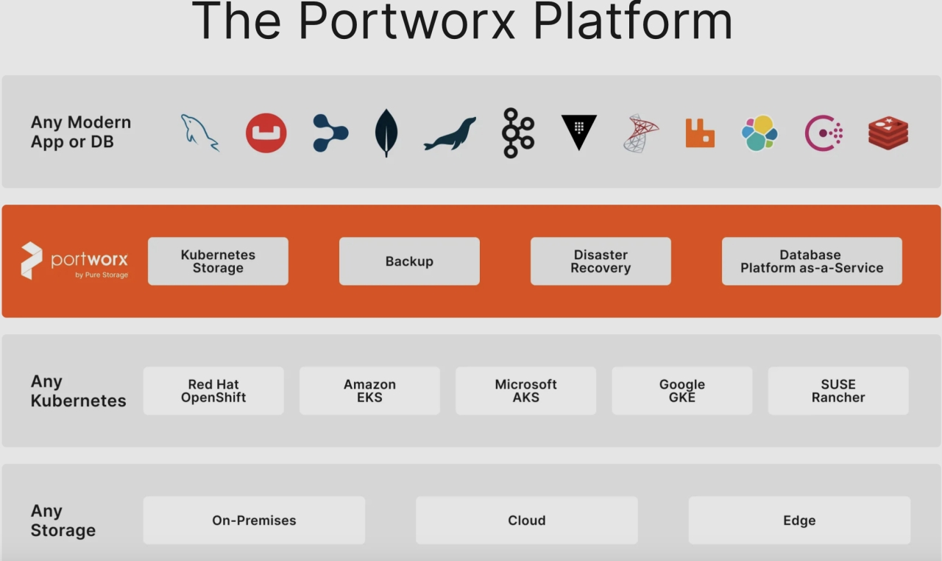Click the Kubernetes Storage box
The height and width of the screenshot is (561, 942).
218,261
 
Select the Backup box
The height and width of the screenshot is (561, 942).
409,261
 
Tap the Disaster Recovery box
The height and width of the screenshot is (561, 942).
601,261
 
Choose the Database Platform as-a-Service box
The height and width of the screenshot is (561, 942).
812,261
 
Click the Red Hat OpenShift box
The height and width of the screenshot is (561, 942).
213,391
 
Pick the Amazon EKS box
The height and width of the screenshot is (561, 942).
369,391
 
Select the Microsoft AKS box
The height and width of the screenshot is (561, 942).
525,391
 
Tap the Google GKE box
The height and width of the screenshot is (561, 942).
682,391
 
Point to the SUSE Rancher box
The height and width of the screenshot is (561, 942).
838,391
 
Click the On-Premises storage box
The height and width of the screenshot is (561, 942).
254,521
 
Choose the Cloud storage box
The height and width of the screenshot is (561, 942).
527,521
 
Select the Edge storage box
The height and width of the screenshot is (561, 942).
799,521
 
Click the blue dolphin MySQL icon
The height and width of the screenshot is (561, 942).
199,133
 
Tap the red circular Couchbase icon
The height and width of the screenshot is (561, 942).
266,133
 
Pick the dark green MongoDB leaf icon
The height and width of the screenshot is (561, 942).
386,133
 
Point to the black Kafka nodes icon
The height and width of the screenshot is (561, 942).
517,133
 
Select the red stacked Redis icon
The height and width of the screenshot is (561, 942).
888,133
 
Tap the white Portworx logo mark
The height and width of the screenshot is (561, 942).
32,261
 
